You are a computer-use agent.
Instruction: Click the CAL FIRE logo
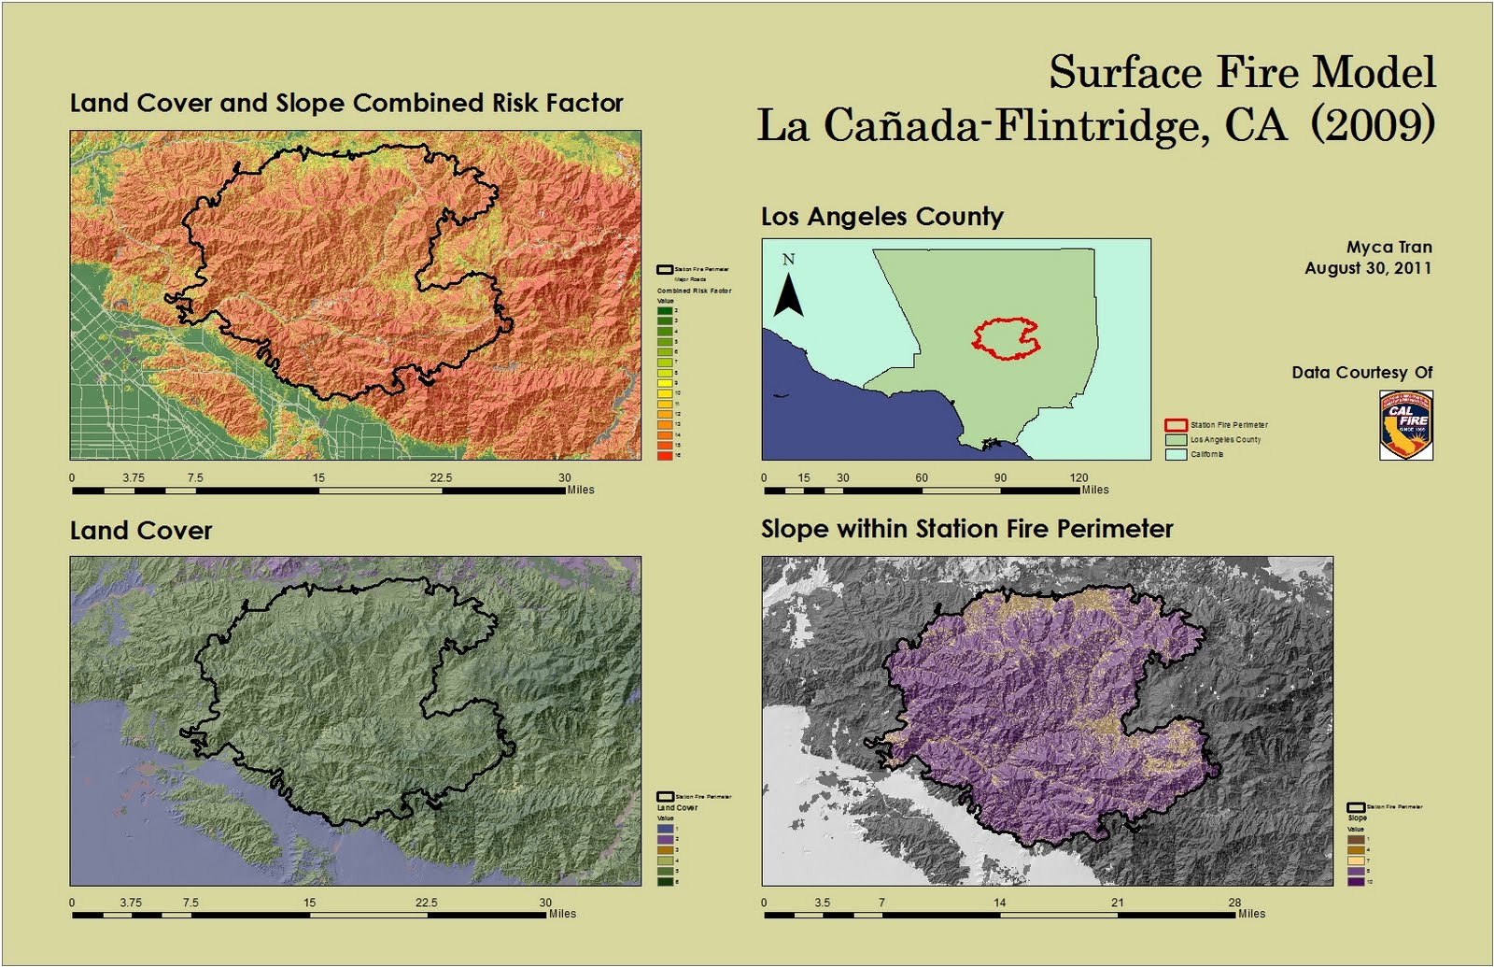tap(1406, 425)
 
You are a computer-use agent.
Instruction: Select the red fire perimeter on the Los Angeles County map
tap(1006, 339)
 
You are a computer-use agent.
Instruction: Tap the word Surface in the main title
tap(1124, 72)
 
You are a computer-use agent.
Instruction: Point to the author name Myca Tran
tap(1388, 248)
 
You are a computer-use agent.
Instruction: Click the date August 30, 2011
tap(1368, 268)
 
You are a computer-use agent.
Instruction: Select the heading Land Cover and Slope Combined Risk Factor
tap(346, 103)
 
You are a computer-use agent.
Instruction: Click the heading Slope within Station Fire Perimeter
tap(966, 529)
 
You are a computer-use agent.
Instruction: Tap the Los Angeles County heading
tap(881, 217)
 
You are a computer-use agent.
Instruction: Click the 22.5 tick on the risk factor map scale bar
tap(441, 478)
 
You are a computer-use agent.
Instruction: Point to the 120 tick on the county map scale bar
tap(1078, 478)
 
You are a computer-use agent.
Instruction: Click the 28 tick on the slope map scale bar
tap(1234, 903)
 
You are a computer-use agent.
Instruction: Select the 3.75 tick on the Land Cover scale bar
tap(131, 903)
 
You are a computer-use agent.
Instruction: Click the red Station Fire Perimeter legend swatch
tap(1176, 425)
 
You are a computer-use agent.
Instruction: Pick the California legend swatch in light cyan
tap(1176, 454)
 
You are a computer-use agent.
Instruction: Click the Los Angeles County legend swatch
tap(1176, 439)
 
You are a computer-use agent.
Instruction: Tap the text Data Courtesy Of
tap(1361, 373)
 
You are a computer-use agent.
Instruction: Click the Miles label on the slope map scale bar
tap(1251, 914)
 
